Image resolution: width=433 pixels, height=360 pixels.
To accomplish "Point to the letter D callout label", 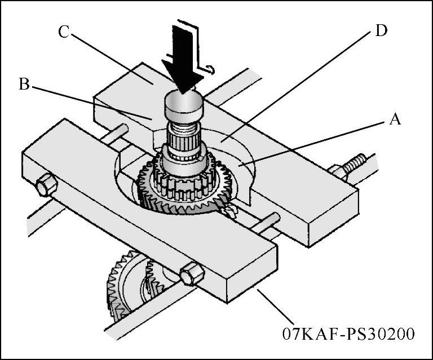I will click(x=381, y=30).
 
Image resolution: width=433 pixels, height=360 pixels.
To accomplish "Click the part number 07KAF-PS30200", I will click(x=350, y=334).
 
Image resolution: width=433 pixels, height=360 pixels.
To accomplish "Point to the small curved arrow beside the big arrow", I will click(x=210, y=69).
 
